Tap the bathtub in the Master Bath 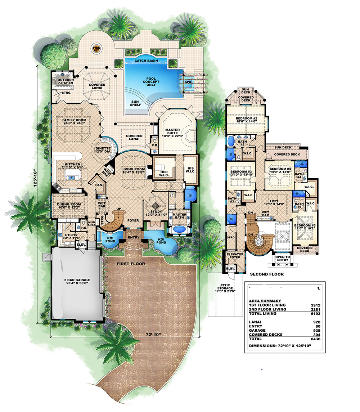(x=179, y=229)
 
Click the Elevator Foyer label (x=235, y=255)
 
